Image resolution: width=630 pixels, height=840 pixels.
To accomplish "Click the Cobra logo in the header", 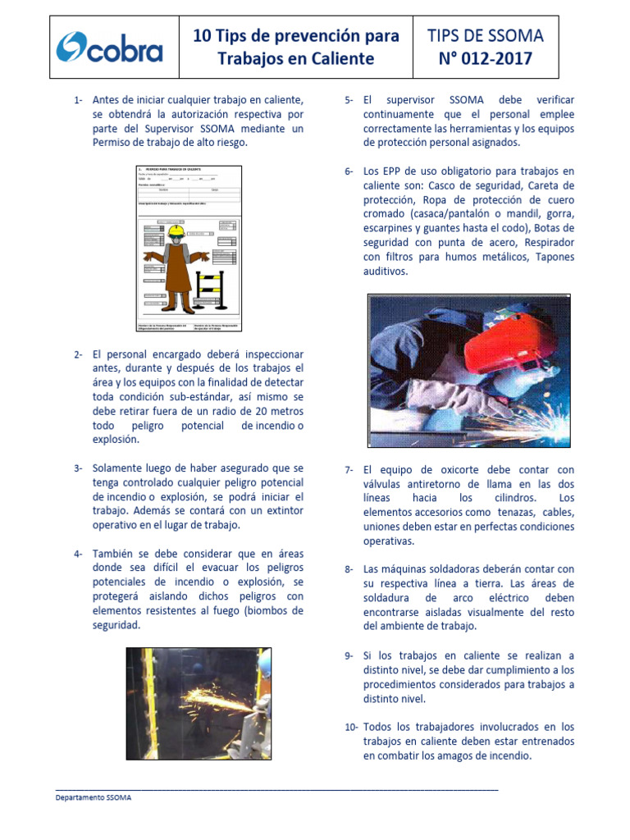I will coord(110,48).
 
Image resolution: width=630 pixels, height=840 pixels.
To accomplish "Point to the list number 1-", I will coord(78,100).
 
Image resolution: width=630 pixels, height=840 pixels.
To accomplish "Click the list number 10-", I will coord(350,727).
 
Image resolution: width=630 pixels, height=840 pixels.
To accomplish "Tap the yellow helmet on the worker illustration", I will coord(175,231).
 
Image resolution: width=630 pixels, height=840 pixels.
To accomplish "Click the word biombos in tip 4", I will coord(262,610).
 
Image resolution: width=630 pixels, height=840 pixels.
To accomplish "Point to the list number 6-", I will coord(349,171).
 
